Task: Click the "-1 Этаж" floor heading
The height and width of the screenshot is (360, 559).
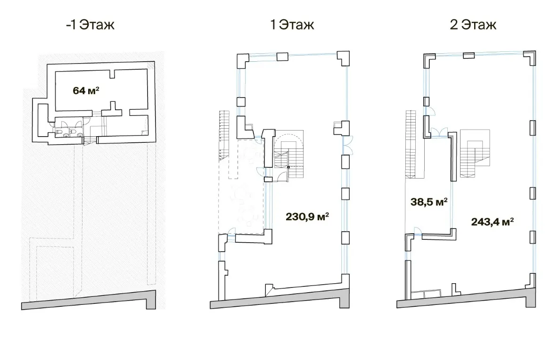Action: click(90, 25)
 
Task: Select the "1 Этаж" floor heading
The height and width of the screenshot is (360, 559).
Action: click(292, 25)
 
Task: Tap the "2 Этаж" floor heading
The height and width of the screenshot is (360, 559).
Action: click(473, 25)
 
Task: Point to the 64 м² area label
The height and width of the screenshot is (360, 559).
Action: click(86, 90)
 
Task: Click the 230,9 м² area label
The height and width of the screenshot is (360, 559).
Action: click(307, 216)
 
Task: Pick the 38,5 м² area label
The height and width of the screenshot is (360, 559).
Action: click(429, 202)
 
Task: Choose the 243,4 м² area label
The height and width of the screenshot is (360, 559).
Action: click(493, 222)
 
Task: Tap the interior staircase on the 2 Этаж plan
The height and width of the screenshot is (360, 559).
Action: click(474, 153)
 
